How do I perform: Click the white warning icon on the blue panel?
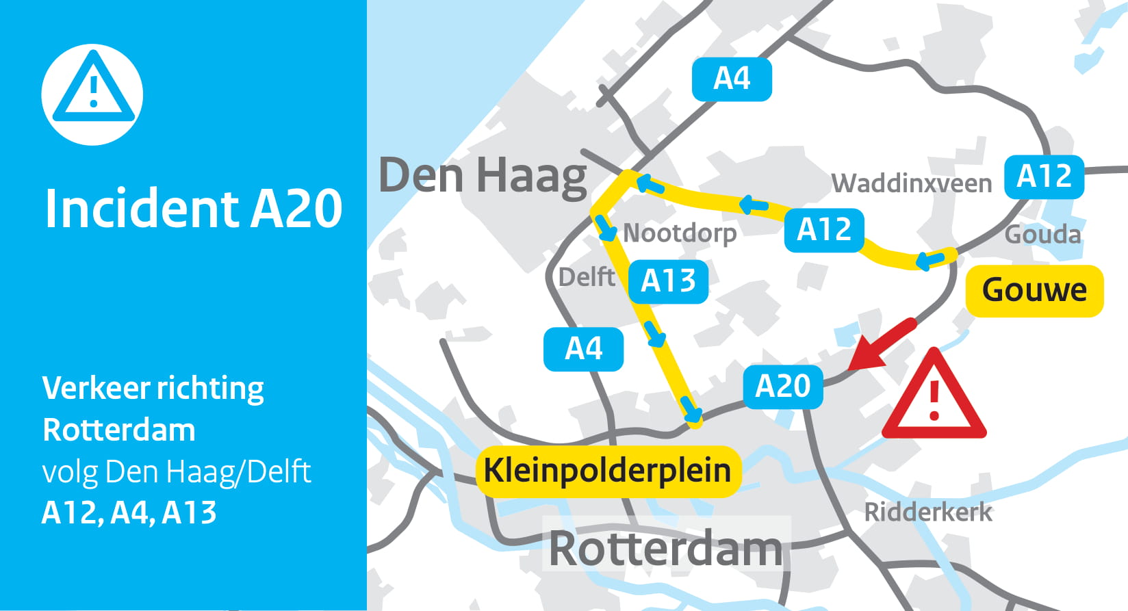(92, 94)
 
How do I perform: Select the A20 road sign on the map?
(783, 387)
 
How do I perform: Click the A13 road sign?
(668, 281)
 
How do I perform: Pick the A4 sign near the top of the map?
(732, 79)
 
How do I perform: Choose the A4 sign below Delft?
(583, 349)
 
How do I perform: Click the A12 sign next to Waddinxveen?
(1044, 177)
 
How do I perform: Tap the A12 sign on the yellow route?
(824, 230)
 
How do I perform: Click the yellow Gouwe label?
(1034, 290)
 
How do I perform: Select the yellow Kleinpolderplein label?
(608, 471)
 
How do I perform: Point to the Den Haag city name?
(483, 176)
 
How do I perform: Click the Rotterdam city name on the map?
(665, 548)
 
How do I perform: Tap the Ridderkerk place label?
(927, 512)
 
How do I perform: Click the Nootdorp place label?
(680, 233)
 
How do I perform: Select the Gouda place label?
(1042, 235)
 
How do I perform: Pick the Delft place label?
(587, 277)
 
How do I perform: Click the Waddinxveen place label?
(911, 183)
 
